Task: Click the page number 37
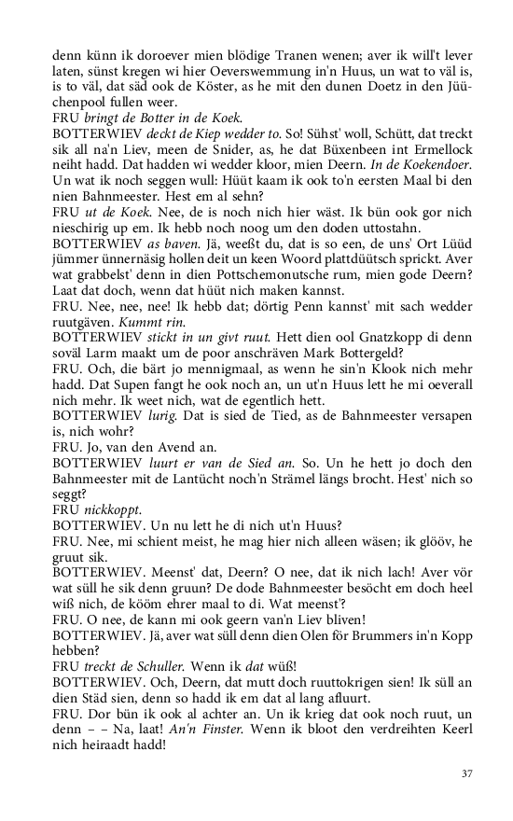coord(467,773)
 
